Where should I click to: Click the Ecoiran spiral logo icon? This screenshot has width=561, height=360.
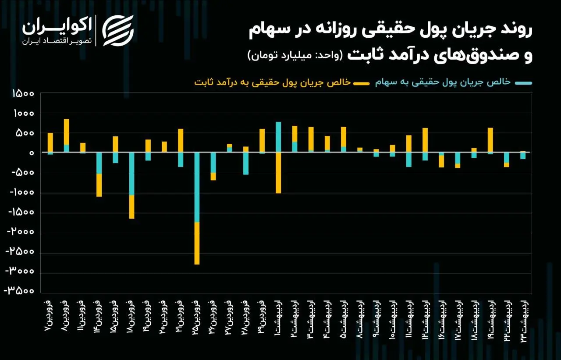tap(117, 30)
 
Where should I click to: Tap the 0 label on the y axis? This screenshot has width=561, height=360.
tap(32, 153)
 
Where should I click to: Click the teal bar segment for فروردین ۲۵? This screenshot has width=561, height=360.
tap(197, 187)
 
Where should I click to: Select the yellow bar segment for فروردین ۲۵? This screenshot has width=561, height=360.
tap(197, 243)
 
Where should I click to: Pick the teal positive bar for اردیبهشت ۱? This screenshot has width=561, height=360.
tap(278, 137)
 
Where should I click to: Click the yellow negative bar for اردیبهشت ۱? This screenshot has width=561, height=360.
tap(278, 173)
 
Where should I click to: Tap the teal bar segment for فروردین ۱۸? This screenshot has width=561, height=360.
tap(131, 174)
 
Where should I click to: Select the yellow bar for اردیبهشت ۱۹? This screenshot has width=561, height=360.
tap(490, 140)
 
